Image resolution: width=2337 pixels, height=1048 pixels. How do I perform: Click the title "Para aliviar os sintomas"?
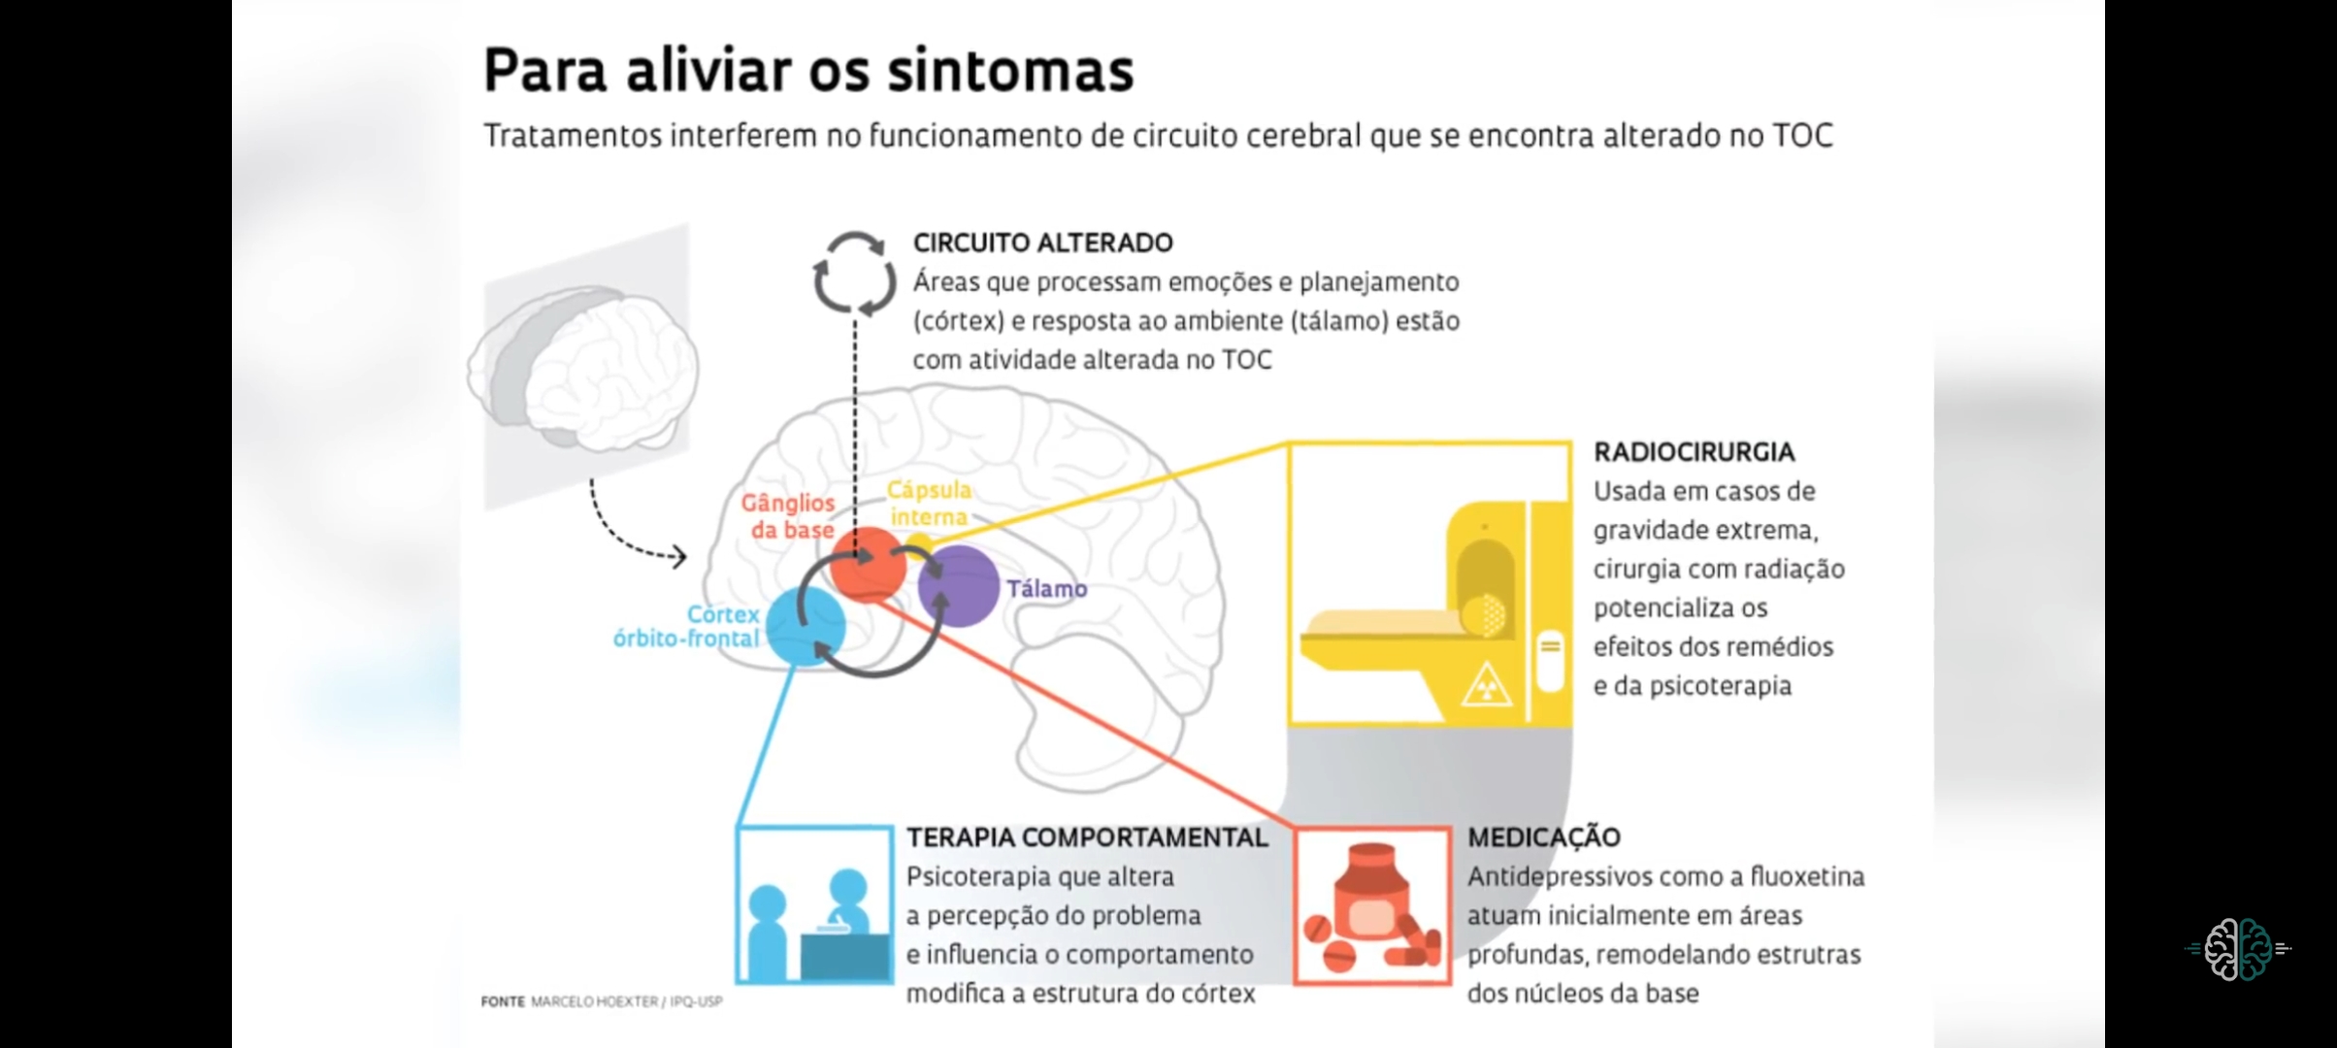point(808,70)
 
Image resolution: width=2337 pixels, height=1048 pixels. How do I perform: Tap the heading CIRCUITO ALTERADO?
point(1042,243)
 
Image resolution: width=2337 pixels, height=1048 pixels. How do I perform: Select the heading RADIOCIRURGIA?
point(1694,452)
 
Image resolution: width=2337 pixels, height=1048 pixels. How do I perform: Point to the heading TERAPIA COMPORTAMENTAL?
point(1087,837)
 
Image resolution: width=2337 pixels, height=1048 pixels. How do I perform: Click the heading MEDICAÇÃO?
point(1543,837)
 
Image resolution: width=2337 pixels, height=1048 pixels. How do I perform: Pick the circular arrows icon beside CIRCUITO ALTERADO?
point(854,275)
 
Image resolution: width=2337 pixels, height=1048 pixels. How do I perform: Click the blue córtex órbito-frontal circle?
point(806,626)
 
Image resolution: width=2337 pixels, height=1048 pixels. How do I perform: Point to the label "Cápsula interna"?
point(929,504)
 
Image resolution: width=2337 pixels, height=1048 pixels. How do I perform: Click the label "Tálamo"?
point(1046,589)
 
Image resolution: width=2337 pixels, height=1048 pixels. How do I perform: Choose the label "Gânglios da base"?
point(788,516)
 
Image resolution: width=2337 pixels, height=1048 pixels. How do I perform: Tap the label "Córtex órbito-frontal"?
point(687,627)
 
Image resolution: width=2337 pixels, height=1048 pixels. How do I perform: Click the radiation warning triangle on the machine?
point(1486,684)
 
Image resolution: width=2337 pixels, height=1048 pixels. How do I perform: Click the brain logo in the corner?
point(2237,948)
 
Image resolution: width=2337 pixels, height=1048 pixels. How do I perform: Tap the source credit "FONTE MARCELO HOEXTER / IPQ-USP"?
point(602,1001)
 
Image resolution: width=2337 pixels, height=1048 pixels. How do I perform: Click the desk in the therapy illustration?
point(843,956)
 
